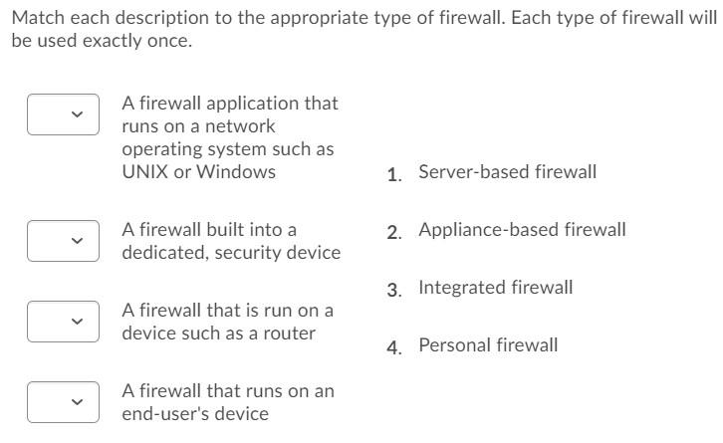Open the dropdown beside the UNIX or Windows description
(x=63, y=114)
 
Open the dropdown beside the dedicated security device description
(x=63, y=241)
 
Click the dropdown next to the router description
(x=63, y=322)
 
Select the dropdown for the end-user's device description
(x=63, y=402)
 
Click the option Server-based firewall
(x=507, y=172)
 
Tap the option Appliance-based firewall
(x=522, y=230)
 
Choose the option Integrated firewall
(x=496, y=288)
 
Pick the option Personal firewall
(x=488, y=345)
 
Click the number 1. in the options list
(x=394, y=174)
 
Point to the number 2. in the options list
(x=394, y=232)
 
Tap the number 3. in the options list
(x=394, y=290)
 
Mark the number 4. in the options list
(x=394, y=347)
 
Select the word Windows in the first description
(x=236, y=172)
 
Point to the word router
(x=289, y=333)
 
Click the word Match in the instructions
(x=38, y=18)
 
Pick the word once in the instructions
(x=169, y=41)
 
